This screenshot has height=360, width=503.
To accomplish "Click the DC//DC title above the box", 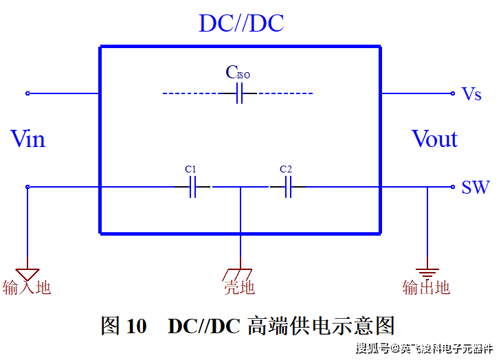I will (241, 23).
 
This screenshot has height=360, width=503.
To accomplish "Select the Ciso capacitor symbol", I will (239, 93).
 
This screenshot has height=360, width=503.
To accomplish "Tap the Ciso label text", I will (238, 72).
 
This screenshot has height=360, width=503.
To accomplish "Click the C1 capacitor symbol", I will (193, 186).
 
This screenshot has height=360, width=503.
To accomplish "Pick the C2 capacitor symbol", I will (288, 186).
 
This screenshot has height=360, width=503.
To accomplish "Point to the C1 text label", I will (191, 169).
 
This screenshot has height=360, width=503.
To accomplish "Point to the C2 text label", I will (286, 169).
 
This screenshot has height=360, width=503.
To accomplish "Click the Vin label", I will (28, 139).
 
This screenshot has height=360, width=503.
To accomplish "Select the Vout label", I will (434, 139).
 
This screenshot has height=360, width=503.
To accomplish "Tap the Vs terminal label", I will (471, 94).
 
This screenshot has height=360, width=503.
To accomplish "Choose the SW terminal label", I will (475, 187).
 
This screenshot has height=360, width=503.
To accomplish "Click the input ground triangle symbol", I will (27, 274).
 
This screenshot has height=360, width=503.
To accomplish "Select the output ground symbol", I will (427, 273).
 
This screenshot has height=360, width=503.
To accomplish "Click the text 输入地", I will (27, 287).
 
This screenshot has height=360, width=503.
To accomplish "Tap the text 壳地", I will (239, 288).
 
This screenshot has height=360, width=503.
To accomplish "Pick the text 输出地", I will (426, 287).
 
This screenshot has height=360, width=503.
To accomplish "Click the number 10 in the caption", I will (137, 326).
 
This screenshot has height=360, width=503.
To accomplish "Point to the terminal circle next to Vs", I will (453, 93).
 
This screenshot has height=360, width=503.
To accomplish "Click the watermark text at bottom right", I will (424, 348).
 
